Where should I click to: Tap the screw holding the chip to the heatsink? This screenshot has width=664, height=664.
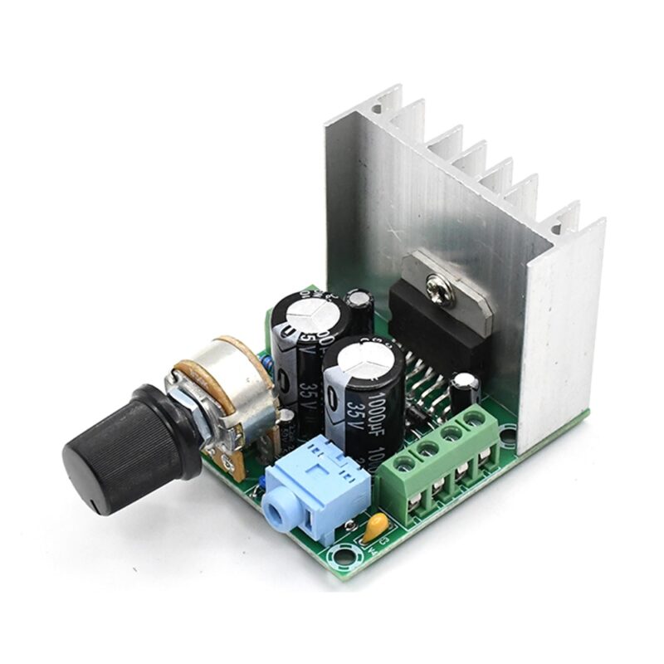pyautogui.click(x=439, y=288)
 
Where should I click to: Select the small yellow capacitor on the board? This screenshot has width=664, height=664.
pyautogui.click(x=375, y=525)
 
